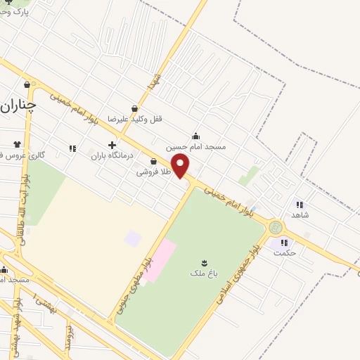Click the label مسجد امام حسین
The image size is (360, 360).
pos(195,148)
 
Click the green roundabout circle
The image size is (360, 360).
pos(275,227)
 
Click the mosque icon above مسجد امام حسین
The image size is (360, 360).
pos(195,136)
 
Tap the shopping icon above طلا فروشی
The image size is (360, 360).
pos(153,161)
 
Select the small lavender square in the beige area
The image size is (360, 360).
pos(132,238)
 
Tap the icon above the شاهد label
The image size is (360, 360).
pos(300,204)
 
